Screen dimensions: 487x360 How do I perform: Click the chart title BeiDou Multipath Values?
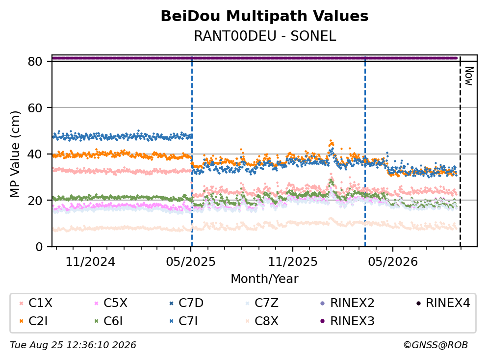coord(264,16)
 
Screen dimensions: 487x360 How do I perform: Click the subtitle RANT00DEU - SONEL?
coord(265,36)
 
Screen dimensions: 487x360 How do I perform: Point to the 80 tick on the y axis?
coord(35,61)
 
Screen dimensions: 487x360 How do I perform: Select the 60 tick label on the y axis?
coord(35,108)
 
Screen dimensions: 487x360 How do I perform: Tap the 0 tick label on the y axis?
coord(39,247)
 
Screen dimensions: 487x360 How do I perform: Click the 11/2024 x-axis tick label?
coord(90,262)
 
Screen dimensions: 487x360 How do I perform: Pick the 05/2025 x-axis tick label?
coord(191,262)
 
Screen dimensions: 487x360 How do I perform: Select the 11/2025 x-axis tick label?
coord(293,262)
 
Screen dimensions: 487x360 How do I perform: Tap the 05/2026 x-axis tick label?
coord(393,262)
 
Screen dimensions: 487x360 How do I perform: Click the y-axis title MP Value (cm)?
coord(15,154)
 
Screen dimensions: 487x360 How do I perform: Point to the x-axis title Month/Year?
coord(264,279)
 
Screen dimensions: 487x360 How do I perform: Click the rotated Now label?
coord(469,76)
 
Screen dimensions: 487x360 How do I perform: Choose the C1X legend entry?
coord(36,303)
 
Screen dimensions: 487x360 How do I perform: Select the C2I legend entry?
coord(33,321)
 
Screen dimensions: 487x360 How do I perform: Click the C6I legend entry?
coord(108,321)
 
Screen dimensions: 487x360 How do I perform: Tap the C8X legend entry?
coord(261,321)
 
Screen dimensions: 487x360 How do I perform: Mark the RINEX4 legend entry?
coord(443,303)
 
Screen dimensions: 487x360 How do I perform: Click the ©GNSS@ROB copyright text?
coord(436,345)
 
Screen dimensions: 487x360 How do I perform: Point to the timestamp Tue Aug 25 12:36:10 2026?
coord(73,345)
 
